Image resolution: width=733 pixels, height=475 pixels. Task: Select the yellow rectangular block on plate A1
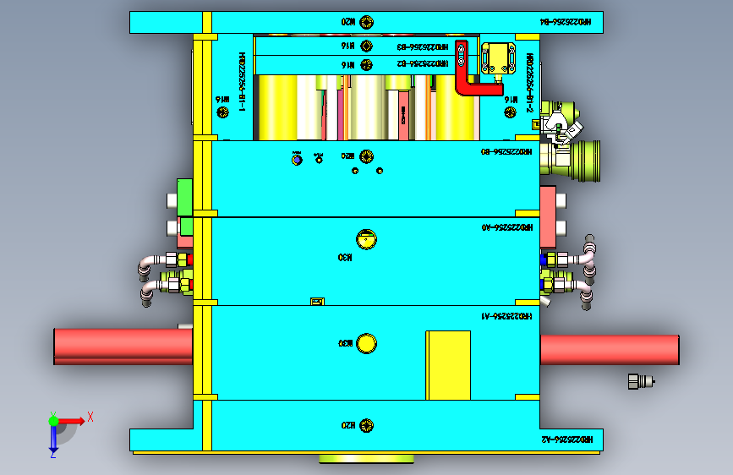point(448,364)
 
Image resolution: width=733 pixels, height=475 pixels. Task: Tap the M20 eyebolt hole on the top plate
point(365,21)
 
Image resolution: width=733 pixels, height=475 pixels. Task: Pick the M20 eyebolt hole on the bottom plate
point(365,424)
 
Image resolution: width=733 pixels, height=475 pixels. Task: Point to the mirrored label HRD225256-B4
point(572,22)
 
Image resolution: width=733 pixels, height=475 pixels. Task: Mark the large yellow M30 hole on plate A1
point(367,343)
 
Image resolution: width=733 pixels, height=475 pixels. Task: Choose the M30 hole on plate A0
point(366,239)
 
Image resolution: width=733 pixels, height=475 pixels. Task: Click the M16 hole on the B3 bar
point(365,46)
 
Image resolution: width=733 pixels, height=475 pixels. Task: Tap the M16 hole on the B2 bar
point(365,64)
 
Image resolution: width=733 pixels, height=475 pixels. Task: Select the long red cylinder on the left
point(123,347)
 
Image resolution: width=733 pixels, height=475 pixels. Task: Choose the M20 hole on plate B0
point(366,156)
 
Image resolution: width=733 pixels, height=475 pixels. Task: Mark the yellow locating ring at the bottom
point(366,459)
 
